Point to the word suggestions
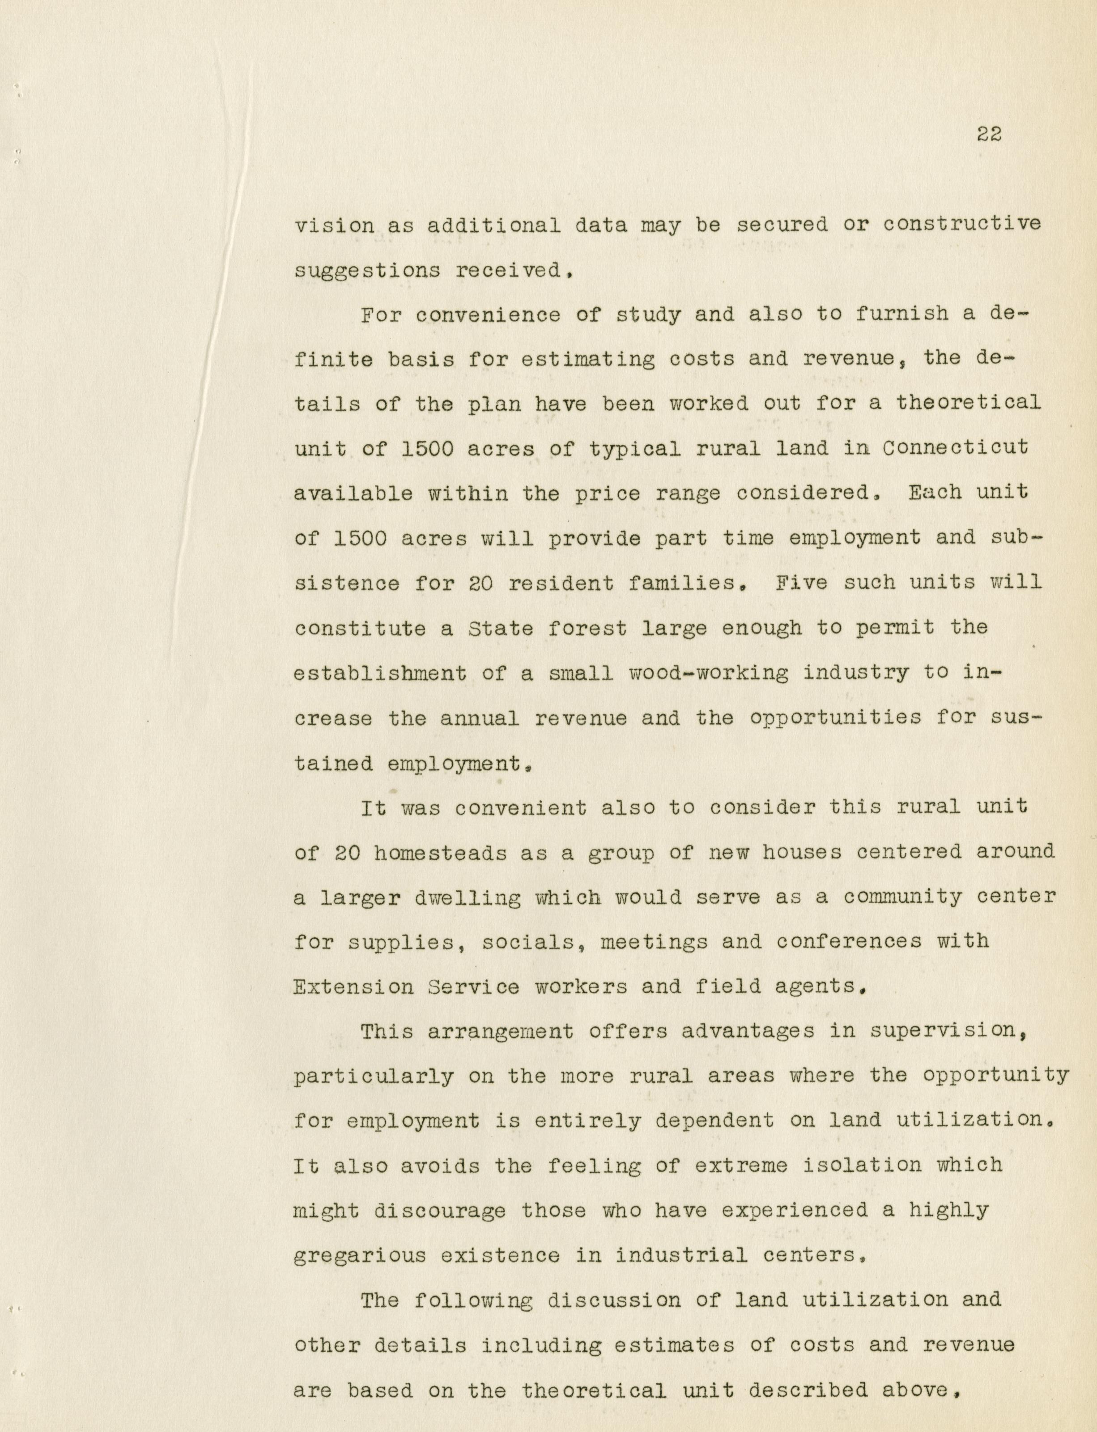coord(367,270)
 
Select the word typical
coord(635,449)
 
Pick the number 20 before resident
coord(480,582)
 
